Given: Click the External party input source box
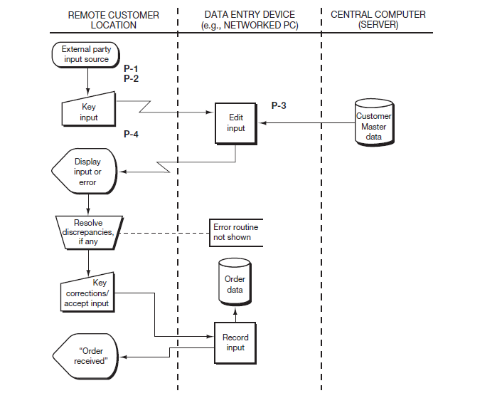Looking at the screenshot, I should coord(87,55).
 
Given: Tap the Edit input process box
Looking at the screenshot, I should coord(235,123).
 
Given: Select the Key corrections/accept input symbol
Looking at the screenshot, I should coord(87,293).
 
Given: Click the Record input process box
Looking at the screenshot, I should coord(235,342).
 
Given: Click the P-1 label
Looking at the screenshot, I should coord(131,68).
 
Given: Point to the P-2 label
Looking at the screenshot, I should coord(131,78).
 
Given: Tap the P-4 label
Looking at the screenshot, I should coord(131,134).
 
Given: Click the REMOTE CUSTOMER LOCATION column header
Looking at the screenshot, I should coord(113,19).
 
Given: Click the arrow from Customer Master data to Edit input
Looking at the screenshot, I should coord(306,123).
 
